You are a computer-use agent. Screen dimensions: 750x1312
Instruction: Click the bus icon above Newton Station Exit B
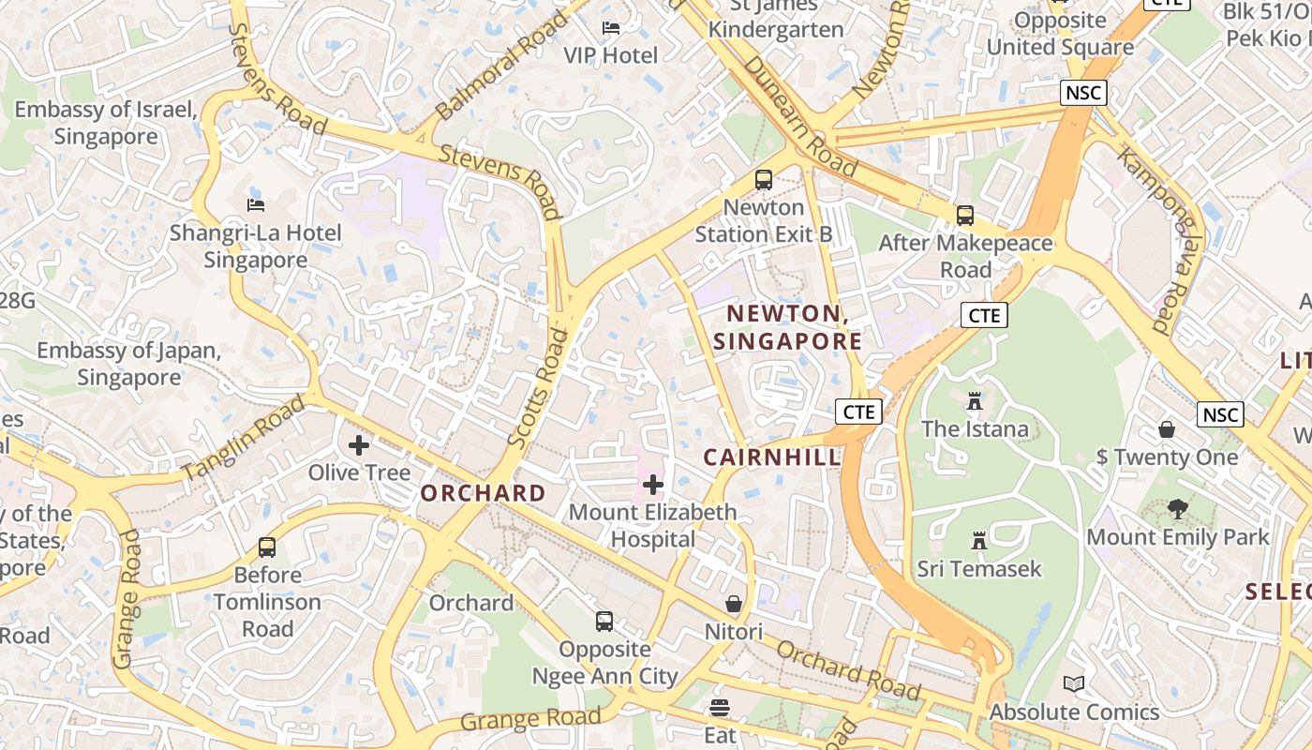764,180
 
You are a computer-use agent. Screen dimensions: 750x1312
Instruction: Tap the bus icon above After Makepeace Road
965,216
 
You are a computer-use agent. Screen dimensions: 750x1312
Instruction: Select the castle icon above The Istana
975,401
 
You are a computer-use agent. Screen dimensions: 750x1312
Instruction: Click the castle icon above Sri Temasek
979,541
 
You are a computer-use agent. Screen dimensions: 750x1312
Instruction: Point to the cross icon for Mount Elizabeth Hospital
653,485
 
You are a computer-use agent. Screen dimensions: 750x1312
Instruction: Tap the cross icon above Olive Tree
359,445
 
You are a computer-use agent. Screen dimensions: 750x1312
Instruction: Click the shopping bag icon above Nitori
734,604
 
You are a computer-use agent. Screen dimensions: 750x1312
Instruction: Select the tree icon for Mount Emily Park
1178,510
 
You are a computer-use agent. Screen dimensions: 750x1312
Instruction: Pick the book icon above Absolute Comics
1074,684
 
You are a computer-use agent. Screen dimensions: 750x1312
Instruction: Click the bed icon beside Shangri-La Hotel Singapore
255,204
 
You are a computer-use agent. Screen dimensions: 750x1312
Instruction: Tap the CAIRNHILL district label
772,457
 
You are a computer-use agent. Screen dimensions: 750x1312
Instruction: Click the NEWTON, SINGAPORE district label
787,327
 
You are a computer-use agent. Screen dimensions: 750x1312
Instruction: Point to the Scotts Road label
538,386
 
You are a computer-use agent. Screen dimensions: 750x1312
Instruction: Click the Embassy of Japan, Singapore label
128,365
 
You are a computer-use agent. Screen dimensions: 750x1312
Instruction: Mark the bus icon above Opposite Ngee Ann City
604,621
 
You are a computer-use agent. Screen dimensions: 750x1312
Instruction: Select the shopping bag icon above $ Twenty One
1167,429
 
